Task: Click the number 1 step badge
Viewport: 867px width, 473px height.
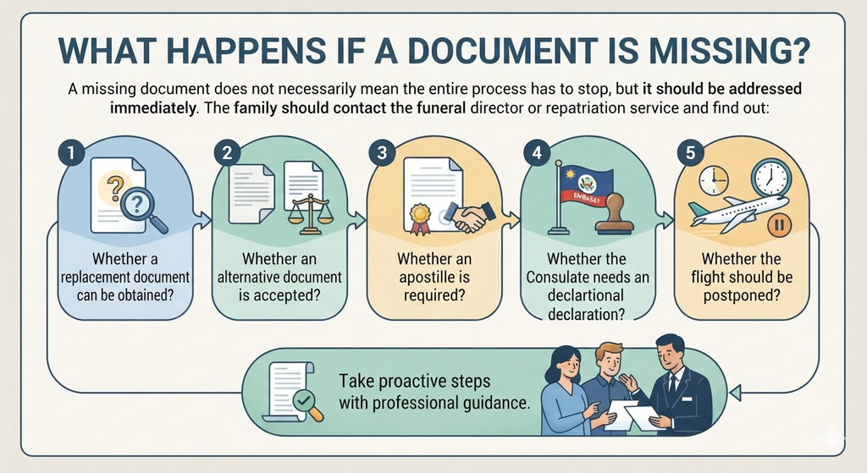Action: [x=71, y=152]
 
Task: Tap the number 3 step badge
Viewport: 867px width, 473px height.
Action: [x=382, y=152]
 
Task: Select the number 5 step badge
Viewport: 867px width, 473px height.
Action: [x=690, y=152]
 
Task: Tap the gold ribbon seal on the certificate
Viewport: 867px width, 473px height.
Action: [x=420, y=217]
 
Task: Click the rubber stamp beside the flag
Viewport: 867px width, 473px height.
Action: [x=614, y=217]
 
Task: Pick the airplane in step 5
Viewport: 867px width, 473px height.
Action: [x=737, y=213]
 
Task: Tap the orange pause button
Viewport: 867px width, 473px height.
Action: [x=780, y=224]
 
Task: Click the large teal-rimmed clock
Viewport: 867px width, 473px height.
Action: [x=770, y=178]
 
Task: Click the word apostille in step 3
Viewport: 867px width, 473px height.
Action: [x=434, y=277]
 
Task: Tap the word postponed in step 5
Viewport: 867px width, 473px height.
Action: [x=741, y=295]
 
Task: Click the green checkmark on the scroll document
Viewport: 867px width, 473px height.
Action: [x=304, y=399]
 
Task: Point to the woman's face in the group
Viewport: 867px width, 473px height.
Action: [x=568, y=364]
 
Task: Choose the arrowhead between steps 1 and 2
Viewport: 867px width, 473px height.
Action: [x=206, y=221]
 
